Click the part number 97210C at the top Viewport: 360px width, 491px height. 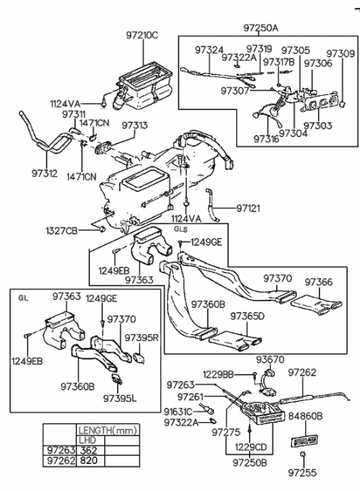point(142,34)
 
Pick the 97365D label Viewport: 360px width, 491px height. point(247,316)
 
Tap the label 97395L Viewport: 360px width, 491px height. point(118,397)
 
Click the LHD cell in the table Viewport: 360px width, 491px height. point(88,440)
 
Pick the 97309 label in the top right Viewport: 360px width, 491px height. point(340,55)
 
